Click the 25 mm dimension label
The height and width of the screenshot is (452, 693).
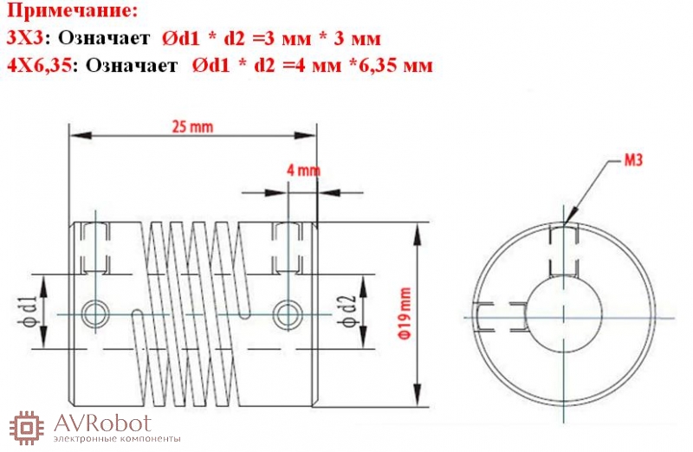coord(192,127)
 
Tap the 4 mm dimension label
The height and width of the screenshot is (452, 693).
coord(304,170)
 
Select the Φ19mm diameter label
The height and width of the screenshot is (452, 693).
coord(405,313)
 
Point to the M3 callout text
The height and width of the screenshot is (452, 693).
coord(633,160)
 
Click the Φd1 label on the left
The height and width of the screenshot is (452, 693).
coord(27,312)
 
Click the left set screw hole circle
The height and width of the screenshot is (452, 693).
coord(95,314)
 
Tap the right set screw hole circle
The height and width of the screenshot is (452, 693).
coord(287,314)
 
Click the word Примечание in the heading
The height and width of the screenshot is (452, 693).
coord(72,11)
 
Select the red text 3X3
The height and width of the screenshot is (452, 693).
coord(25,38)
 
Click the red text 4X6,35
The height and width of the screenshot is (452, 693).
coord(39,66)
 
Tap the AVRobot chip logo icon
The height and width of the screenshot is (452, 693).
coord(27,428)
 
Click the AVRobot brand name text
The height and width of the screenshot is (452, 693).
coord(102,423)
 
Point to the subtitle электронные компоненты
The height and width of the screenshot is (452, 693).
coord(117,439)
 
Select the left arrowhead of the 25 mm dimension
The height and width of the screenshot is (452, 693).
coord(81,135)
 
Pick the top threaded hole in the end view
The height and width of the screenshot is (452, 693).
coord(564,250)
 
